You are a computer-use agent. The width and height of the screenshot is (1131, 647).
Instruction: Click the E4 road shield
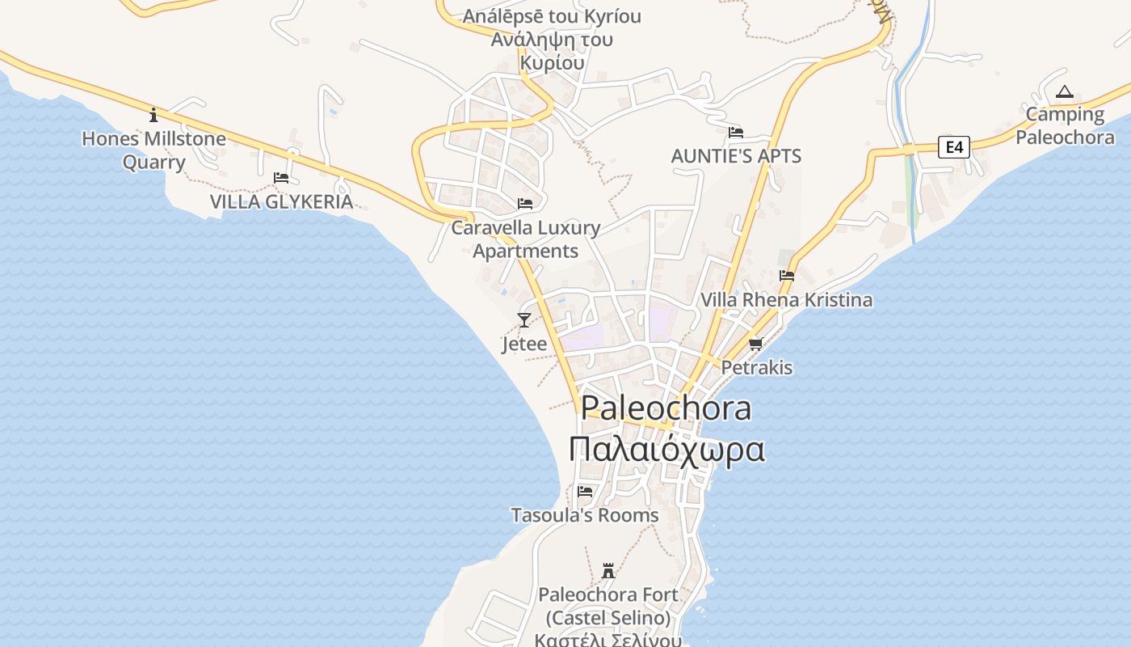(x=954, y=147)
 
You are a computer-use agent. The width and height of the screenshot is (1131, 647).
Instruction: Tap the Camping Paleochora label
(x=1065, y=125)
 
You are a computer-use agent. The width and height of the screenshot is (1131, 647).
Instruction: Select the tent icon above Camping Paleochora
(x=1065, y=92)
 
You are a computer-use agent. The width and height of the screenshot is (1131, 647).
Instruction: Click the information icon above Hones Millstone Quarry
(x=153, y=115)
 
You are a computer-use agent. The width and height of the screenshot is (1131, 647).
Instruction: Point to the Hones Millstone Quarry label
(x=153, y=150)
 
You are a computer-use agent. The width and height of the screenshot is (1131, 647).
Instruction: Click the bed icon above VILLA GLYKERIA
(x=281, y=178)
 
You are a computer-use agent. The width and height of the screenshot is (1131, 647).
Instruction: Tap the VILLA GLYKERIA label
(x=281, y=201)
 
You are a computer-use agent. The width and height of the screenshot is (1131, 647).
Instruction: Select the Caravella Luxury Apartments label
(x=525, y=239)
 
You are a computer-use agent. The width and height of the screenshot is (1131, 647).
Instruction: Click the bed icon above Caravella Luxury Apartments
(x=525, y=204)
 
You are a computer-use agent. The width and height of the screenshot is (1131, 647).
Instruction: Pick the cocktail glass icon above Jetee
(x=524, y=320)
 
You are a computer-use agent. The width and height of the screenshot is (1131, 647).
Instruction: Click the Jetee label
(x=524, y=344)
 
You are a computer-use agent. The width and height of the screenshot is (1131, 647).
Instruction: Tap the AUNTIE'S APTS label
(x=736, y=156)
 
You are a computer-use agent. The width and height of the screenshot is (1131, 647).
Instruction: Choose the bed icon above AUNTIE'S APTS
(x=735, y=133)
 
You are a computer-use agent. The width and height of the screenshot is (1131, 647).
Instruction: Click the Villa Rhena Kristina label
(x=786, y=300)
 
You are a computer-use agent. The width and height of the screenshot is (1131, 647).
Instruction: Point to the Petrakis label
(x=756, y=368)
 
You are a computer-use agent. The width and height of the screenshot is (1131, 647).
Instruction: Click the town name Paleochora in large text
(x=666, y=408)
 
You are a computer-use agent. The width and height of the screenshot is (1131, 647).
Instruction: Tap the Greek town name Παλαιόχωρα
(x=666, y=450)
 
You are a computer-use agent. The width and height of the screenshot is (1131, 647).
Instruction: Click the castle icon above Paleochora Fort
(x=608, y=571)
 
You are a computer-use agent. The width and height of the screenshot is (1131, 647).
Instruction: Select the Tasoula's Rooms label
(x=585, y=515)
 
